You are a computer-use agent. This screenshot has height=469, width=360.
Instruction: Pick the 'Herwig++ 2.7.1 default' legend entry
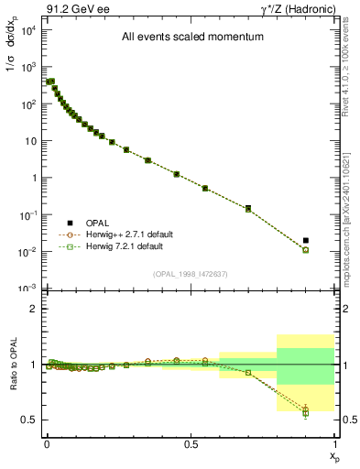[x=122, y=235]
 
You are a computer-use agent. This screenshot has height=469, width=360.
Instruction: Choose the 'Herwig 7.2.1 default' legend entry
[x=119, y=246]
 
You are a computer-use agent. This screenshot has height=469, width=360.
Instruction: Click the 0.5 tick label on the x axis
[x=190, y=442]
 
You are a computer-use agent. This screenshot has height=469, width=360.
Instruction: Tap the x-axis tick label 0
[x=46, y=442]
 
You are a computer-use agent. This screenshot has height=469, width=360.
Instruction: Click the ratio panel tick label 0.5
[x=28, y=420]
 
